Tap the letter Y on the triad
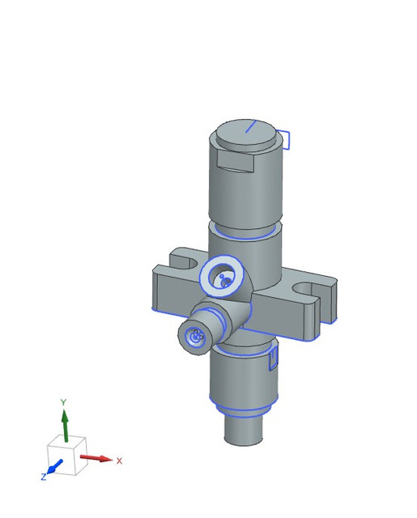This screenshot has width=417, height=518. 63,402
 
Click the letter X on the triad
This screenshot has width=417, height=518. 119,461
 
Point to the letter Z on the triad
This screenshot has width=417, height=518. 44,477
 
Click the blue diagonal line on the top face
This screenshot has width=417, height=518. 250,126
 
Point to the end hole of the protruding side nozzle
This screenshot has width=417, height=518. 194,337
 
